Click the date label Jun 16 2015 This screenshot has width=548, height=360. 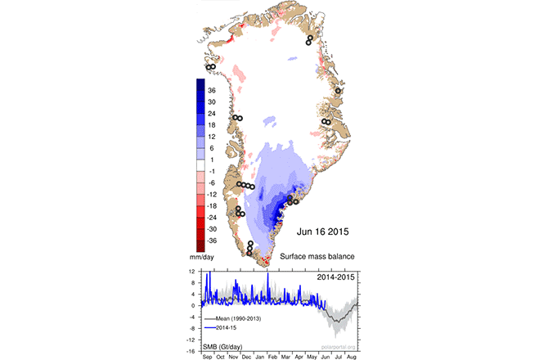coord(322,232)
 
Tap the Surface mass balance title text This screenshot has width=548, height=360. coord(317,257)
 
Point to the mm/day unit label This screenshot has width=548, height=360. coord(201,257)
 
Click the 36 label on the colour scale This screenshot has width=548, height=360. coord(212,91)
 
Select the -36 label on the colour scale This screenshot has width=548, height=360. coord(211,241)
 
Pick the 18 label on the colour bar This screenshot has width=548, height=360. coord(212,125)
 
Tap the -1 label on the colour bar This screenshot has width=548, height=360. coord(211,171)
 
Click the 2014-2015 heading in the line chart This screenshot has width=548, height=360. coord(335,277)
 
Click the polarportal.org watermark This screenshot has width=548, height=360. coord(339,347)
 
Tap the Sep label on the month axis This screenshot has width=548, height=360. coord(207,357)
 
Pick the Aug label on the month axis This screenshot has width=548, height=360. coord(351,357)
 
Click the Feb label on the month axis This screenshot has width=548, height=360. coord(272,357)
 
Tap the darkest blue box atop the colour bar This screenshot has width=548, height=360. coord(200,84)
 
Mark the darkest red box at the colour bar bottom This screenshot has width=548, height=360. coord(200,246)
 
